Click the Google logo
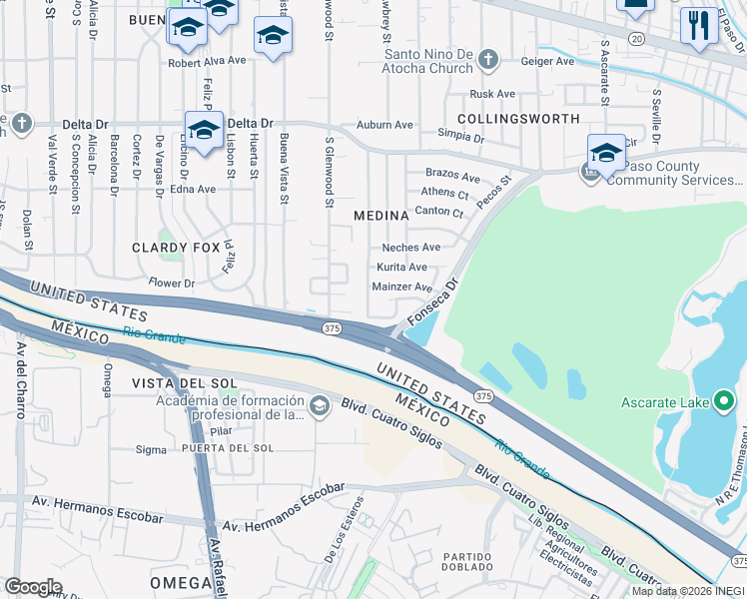33,586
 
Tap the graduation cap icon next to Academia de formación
320,405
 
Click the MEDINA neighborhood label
381,216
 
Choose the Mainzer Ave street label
401,287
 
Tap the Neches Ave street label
410,248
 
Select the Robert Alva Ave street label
207,61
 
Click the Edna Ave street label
193,189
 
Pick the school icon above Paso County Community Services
606,153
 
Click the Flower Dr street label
172,284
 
